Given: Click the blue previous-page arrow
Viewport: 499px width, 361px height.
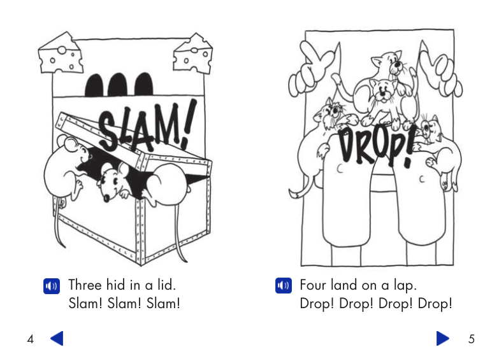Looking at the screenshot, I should coord(57,338).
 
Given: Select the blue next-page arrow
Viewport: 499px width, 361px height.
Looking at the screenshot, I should coord(442,338).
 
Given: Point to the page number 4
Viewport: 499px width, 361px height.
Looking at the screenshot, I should coord(30,339).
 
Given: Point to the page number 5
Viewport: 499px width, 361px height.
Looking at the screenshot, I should coord(472,339).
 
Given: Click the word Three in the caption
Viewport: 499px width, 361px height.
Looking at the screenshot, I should coord(86,285).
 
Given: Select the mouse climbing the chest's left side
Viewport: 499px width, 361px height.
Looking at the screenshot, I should coord(64,166).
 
